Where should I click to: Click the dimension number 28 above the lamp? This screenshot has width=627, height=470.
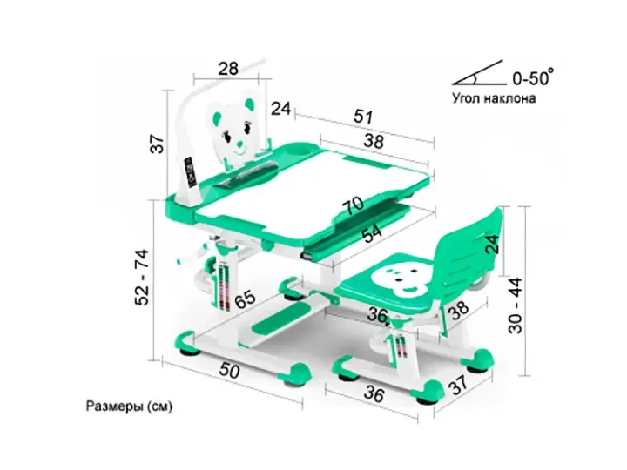[228, 69]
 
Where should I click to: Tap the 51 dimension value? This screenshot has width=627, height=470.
[363, 117]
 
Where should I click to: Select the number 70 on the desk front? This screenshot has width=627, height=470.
[353, 205]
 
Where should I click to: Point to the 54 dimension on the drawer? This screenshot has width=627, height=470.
[372, 234]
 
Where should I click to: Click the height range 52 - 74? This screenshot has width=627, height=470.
[142, 277]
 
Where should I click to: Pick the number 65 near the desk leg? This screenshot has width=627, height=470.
[245, 300]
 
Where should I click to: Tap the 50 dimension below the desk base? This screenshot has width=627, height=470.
[229, 371]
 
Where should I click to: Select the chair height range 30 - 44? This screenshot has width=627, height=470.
[516, 305]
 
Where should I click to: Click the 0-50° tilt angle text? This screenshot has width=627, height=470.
[534, 77]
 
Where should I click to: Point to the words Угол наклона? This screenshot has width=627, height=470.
[495, 97]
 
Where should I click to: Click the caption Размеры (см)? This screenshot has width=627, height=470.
[129, 406]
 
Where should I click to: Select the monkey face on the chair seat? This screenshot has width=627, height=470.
[394, 279]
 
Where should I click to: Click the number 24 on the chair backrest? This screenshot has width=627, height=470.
[493, 244]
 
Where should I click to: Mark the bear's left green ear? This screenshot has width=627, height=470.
[216, 117]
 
